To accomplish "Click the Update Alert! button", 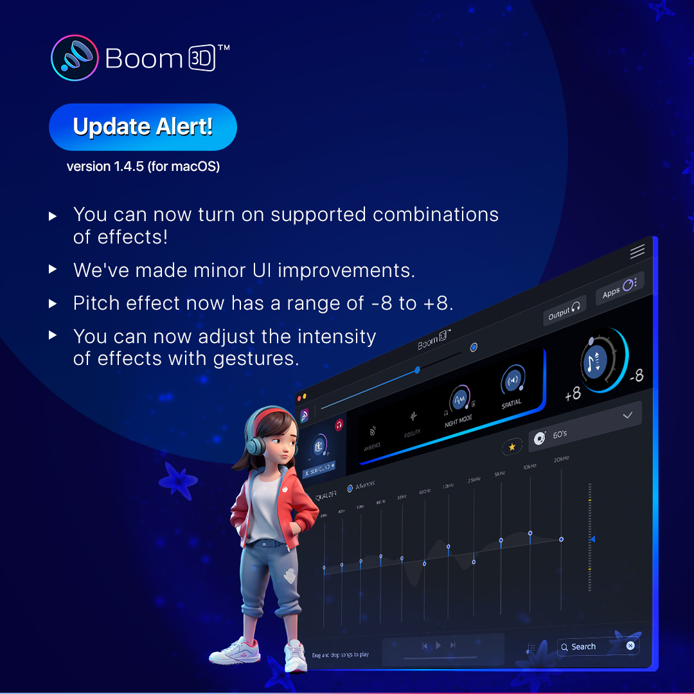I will tap(143, 127).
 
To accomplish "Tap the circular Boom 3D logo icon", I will tap(75, 58).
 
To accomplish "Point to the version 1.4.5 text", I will tap(143, 166).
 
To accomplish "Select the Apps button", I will tap(618, 289).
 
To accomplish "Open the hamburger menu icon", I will tap(637, 252).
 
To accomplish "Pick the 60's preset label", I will tap(560, 434).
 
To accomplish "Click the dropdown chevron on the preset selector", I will tap(627, 416).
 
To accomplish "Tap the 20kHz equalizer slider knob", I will tap(561, 539).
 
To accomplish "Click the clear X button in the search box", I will tap(630, 645).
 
